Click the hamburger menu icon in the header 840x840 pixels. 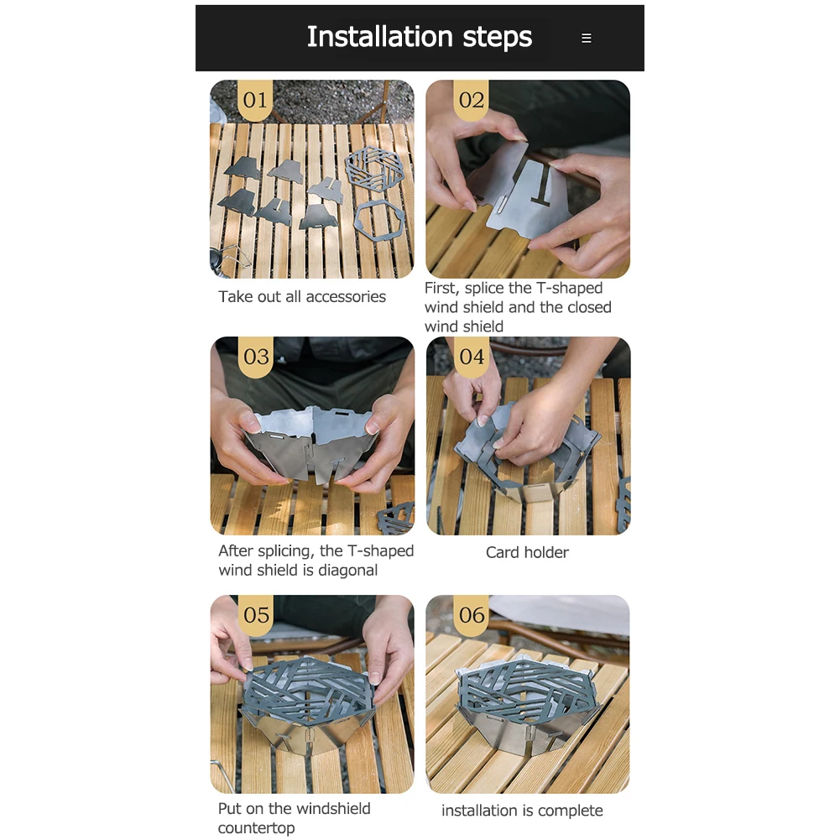pos(587,38)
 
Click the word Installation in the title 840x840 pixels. pos(380,36)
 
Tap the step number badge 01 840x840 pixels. pos(255,100)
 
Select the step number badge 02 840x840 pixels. pos(472,100)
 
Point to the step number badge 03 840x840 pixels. pos(256,357)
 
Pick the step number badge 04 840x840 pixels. pos(472,357)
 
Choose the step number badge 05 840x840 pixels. pos(256,615)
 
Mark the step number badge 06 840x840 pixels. pos(472,615)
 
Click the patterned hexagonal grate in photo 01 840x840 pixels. pos(374,170)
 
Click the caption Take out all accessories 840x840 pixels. pos(301,296)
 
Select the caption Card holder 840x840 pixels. pos(527,552)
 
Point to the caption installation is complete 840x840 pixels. pos(522,811)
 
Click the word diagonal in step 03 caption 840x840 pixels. pos(347,570)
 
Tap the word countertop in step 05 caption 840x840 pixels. pos(256,827)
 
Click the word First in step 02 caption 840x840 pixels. pos(442,288)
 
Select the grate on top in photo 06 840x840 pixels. pos(528,686)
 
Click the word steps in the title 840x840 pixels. pos(497,38)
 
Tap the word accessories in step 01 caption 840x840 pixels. pos(346,297)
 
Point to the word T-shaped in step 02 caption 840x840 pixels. pos(570,288)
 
